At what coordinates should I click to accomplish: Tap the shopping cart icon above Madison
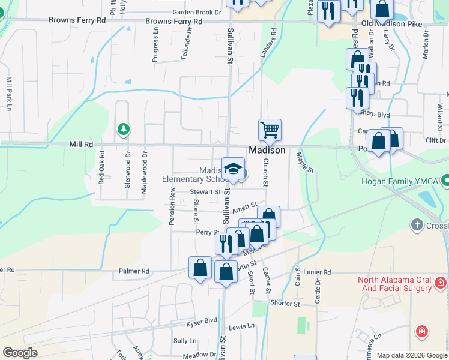tap(270, 130)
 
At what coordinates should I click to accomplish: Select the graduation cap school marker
tap(233, 168)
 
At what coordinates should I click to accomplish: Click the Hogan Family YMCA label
tap(400, 181)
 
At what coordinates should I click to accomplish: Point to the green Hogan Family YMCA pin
tap(445, 180)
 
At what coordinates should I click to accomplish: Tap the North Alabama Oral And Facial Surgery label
tap(394, 284)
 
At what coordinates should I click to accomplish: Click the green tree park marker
tap(124, 129)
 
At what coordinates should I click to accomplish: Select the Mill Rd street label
tap(81, 145)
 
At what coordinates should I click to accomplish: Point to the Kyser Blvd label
tap(203, 320)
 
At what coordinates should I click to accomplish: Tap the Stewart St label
tap(202, 192)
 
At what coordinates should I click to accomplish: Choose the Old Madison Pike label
tap(391, 25)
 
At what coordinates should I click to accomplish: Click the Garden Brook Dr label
tap(197, 12)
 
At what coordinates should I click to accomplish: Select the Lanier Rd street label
tap(317, 272)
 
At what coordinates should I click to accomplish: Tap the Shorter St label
tap(285, 304)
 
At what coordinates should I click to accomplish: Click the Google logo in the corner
tap(20, 353)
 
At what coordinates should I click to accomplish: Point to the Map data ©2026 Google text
tap(411, 355)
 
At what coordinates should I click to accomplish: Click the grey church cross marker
tap(417, 225)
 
